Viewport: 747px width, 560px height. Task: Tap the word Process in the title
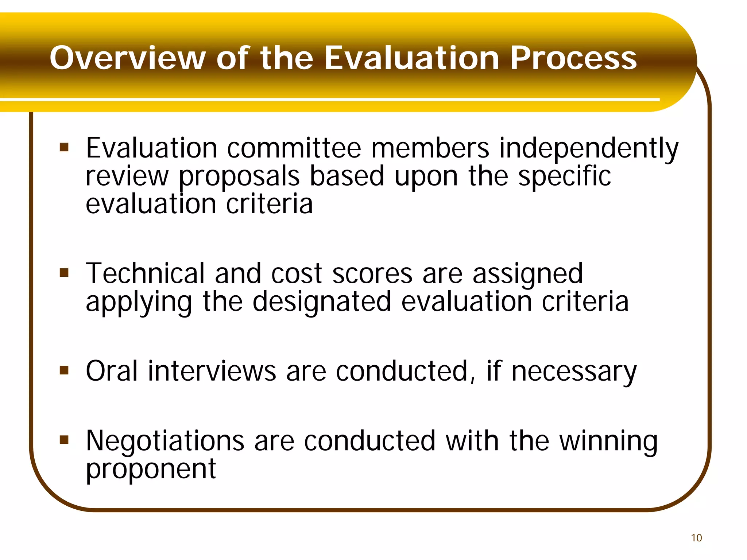tap(573, 58)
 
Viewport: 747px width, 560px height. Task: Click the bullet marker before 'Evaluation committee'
tap(64, 148)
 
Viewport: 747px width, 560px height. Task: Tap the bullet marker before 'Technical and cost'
tap(64, 273)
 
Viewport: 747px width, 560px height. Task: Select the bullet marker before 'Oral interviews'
tap(64, 371)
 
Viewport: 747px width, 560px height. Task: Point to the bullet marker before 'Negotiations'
tap(64, 440)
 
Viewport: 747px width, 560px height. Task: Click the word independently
tap(589, 149)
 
